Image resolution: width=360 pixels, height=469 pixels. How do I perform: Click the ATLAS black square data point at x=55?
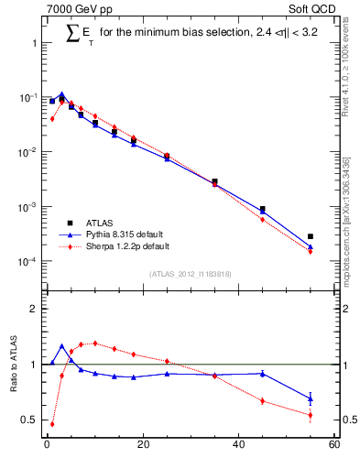pyautogui.click(x=311, y=236)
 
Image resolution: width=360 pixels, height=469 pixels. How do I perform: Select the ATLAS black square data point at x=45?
pyautogui.click(x=262, y=209)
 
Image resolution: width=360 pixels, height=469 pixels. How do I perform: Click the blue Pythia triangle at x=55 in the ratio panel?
pyautogui.click(x=311, y=398)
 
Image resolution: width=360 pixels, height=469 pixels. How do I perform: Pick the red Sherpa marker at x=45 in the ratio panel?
pyautogui.click(x=262, y=400)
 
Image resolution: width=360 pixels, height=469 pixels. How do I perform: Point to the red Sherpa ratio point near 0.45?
pyautogui.click(x=52, y=423)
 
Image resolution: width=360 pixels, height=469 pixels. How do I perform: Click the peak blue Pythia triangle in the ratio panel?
pyautogui.click(x=61, y=346)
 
